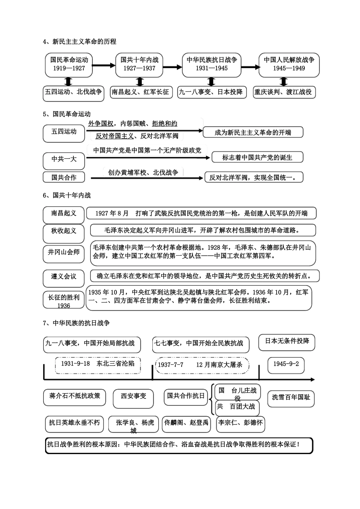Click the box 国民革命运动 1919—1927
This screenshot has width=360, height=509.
(69, 64)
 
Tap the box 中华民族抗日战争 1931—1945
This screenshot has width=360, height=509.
(211, 64)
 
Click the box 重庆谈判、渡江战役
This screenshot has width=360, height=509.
(284, 92)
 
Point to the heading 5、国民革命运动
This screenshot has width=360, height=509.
(67, 114)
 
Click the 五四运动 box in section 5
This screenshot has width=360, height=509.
(64, 132)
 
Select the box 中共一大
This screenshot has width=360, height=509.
(64, 159)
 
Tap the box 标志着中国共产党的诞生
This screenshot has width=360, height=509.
(257, 158)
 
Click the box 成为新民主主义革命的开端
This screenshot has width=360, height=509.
(253, 133)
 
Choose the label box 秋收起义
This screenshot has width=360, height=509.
(64, 231)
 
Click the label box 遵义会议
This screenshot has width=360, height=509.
(64, 277)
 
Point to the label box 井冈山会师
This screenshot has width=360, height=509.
(64, 252)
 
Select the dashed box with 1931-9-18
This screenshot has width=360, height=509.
(97, 364)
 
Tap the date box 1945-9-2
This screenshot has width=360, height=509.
(286, 364)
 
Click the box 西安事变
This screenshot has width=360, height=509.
(133, 397)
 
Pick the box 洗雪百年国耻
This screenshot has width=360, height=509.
(291, 398)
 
